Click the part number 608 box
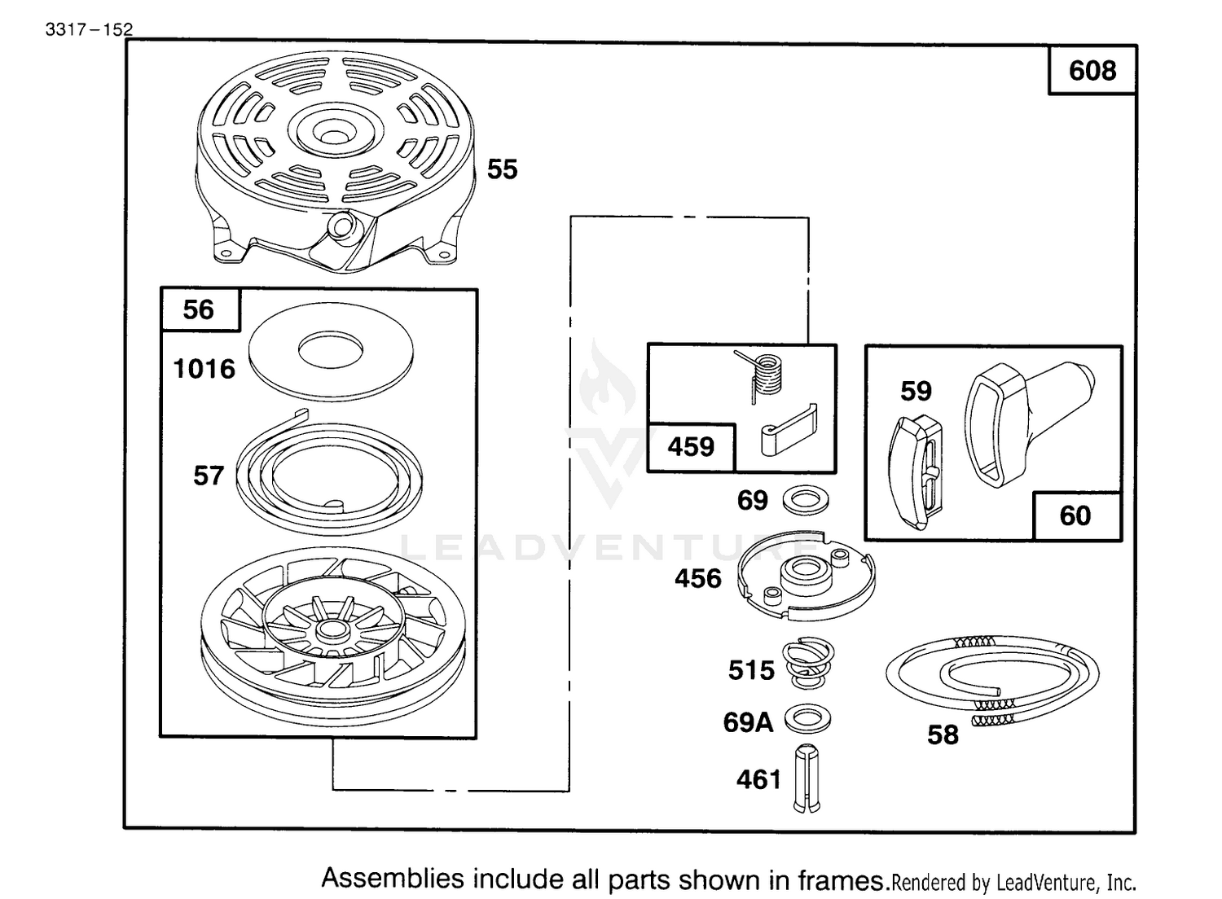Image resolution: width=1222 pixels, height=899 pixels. [1092, 70]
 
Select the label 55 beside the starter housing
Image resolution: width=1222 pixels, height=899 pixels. [502, 169]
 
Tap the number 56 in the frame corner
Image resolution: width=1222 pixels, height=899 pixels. [199, 309]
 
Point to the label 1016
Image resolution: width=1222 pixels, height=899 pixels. [204, 369]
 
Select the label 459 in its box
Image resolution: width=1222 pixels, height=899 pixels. [691, 447]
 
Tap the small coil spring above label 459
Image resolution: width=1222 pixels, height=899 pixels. [763, 375]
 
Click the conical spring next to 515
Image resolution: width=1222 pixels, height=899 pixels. [808, 663]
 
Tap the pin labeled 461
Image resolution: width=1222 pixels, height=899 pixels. [807, 778]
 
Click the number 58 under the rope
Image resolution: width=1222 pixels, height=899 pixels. [943, 735]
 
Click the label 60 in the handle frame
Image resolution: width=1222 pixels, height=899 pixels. [1075, 515]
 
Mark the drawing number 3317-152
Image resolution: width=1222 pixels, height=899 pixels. [89, 29]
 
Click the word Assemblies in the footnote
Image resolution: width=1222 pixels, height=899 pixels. [393, 879]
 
